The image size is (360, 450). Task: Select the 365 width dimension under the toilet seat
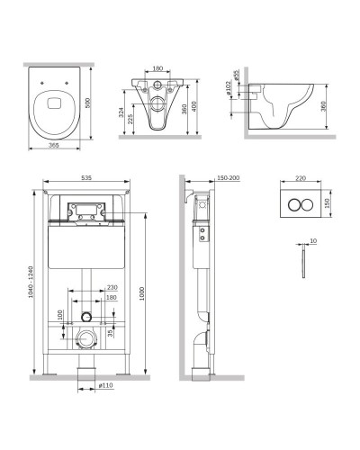(x=54, y=145)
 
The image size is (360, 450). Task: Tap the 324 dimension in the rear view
(x=121, y=112)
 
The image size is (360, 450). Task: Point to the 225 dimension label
(x=130, y=119)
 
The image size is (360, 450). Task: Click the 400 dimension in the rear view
(x=193, y=106)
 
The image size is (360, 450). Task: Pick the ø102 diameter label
(x=229, y=88)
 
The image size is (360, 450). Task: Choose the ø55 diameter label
(x=236, y=75)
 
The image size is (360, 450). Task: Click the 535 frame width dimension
(x=86, y=178)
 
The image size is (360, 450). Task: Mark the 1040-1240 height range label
(x=31, y=282)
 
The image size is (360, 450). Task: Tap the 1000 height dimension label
(x=142, y=293)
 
